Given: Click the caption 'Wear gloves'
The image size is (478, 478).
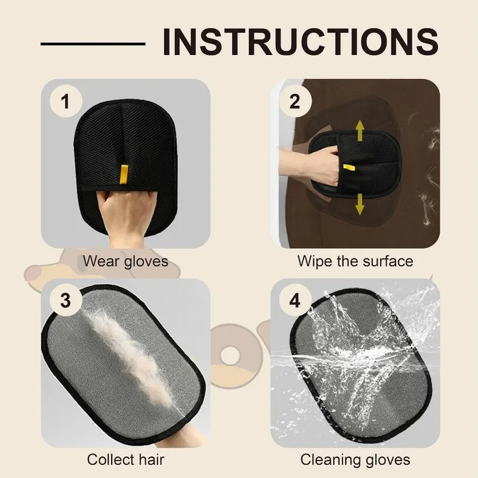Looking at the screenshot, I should (125, 261).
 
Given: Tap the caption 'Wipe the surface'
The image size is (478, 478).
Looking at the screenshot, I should (355, 261).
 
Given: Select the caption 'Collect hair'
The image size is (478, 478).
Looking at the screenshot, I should (125, 459).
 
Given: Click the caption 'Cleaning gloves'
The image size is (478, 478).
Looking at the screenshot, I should (355, 459).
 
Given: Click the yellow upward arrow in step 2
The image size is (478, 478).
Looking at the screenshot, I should (360, 130).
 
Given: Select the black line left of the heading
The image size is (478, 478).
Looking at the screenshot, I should (93, 43).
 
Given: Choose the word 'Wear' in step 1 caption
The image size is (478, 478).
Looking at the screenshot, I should (97, 261).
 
